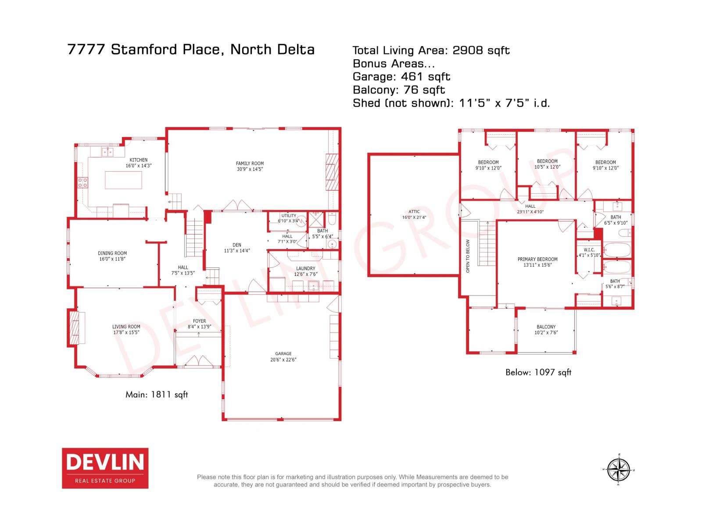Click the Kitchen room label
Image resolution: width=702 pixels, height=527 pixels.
click(139, 160)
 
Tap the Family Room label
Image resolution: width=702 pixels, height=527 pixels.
click(250, 163)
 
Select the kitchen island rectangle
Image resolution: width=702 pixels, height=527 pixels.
click(123, 180)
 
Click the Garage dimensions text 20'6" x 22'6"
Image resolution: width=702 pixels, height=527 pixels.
click(283, 360)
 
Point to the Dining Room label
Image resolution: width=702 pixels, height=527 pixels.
click(112, 253)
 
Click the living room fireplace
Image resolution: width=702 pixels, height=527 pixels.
click(76, 328)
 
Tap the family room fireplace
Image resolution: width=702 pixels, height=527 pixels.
click(332, 172)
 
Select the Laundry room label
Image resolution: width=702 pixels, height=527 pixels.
click(305, 268)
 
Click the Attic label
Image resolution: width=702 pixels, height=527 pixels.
click(414, 211)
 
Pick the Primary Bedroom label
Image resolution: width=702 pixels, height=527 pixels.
click(537, 259)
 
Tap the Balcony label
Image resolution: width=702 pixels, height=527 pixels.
click(546, 327)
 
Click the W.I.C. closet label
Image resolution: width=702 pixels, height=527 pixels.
click(589, 250)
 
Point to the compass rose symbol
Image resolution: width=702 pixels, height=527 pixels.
click(619, 469)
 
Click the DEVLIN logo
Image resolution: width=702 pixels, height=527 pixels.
click(105, 468)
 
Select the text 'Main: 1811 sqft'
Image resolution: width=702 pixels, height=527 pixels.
click(157, 394)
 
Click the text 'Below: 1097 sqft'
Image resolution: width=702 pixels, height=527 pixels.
click(538, 372)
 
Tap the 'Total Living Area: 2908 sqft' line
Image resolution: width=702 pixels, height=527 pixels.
click(431, 51)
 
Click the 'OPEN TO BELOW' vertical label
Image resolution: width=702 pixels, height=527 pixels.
click(468, 256)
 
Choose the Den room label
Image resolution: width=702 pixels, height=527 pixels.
click(237, 245)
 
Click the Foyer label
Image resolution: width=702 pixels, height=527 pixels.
click(199, 321)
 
